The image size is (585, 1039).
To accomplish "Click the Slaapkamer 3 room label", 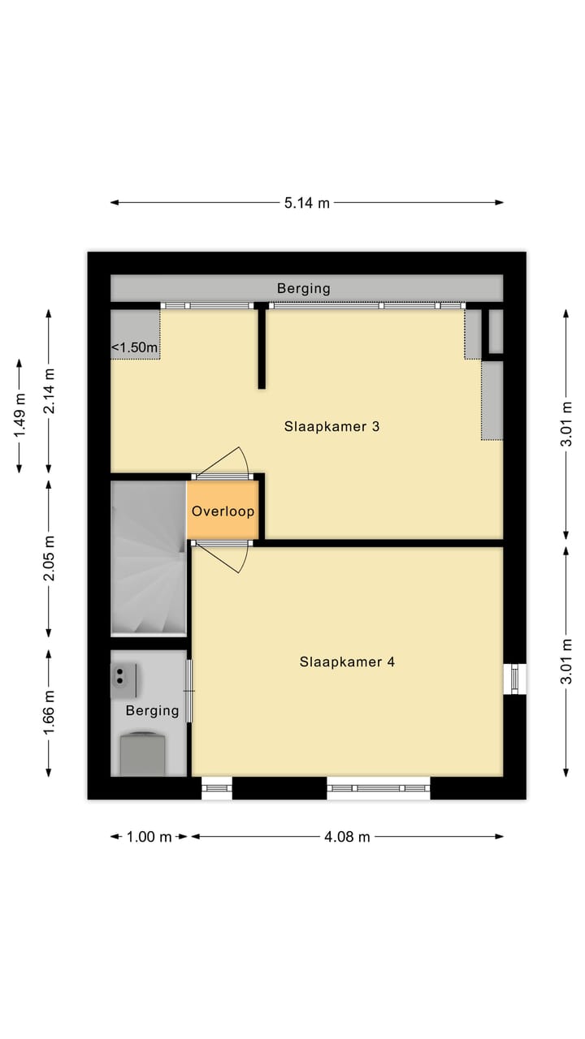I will [331, 426].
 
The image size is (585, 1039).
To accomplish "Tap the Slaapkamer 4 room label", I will [347, 662].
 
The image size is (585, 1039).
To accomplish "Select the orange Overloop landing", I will [223, 511].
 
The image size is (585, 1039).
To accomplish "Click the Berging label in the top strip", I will [304, 288].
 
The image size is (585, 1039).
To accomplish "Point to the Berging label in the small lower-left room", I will [152, 710].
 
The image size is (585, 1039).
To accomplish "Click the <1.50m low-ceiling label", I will [134, 347].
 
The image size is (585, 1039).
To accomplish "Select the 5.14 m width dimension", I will [307, 203].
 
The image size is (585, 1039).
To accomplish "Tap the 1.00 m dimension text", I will [149, 837].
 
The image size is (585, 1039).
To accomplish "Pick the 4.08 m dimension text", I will [347, 837].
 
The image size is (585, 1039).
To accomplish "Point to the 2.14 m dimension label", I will [50, 391].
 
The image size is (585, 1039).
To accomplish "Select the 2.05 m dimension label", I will [50, 558].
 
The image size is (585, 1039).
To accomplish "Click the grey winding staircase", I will [148, 558].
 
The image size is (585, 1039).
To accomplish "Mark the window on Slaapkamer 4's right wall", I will [514, 679].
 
